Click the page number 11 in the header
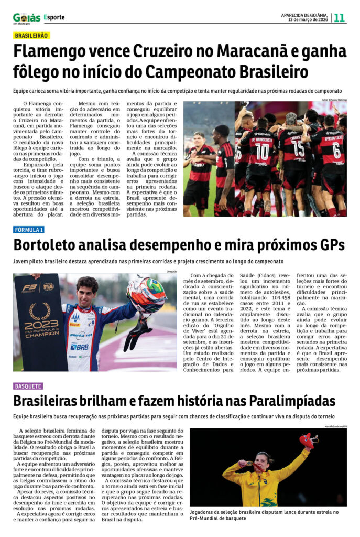[340, 17]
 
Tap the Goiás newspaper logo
[26, 18]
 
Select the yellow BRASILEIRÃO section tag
[31, 35]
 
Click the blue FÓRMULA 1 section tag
[29, 230]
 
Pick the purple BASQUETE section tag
[28, 386]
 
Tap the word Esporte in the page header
[54, 17]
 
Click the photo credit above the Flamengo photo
[330, 100]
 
